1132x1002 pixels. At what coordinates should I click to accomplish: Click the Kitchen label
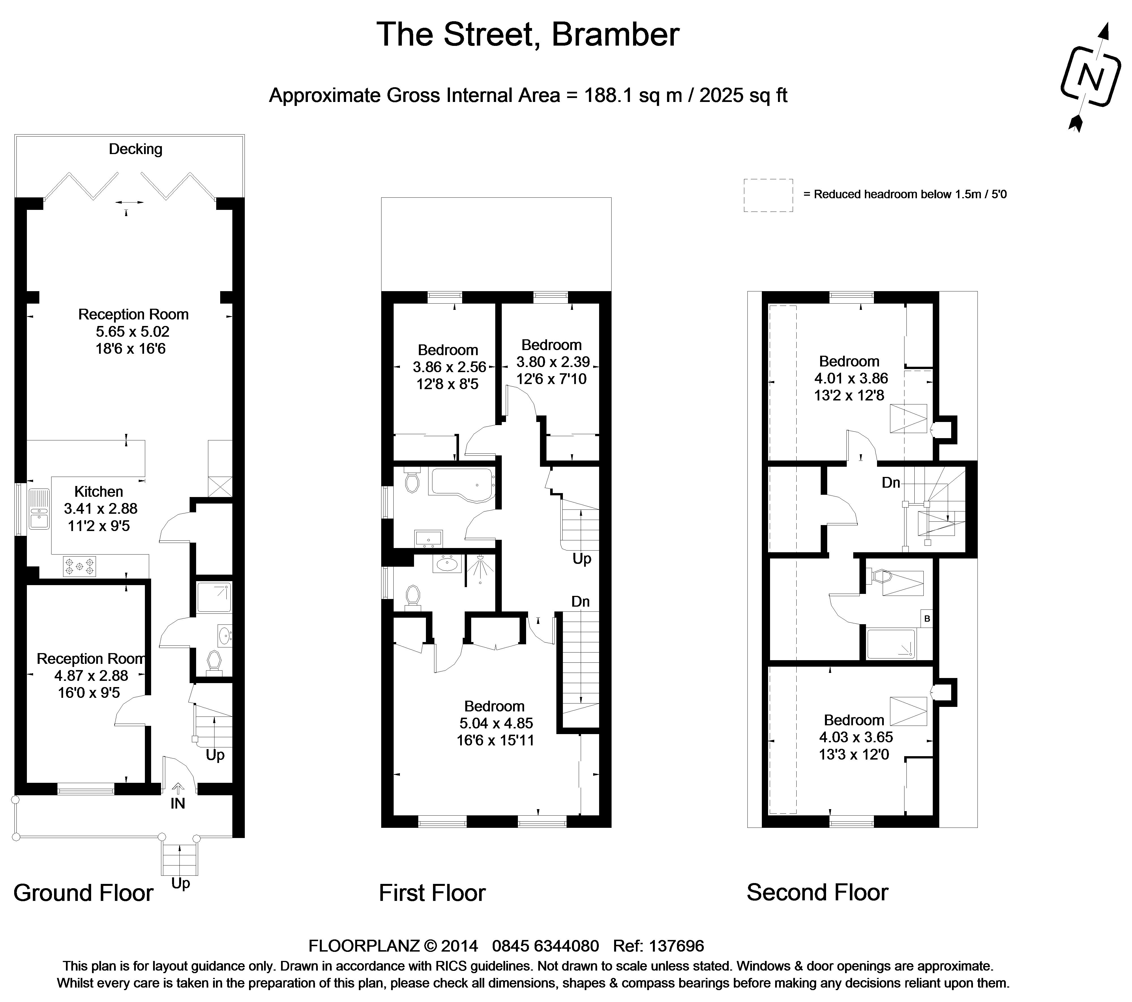tap(98, 492)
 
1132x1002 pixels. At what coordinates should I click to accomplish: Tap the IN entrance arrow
tap(178, 788)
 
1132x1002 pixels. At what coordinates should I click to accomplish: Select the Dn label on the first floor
tap(580, 601)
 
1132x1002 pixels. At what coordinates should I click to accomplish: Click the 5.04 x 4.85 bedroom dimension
tap(496, 723)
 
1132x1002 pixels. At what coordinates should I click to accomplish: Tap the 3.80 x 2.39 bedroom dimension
tap(553, 362)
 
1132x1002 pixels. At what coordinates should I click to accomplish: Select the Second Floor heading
tap(817, 892)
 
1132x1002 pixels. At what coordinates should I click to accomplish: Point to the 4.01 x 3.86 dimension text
tap(851, 379)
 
